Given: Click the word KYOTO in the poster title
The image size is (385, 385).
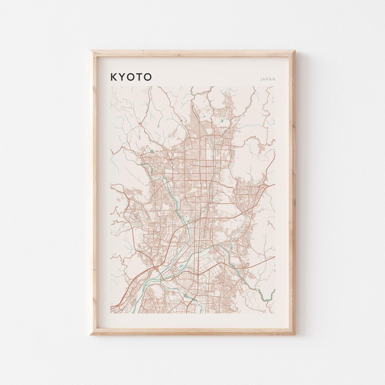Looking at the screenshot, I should [x=131, y=77].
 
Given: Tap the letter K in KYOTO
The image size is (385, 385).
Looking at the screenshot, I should [x=113, y=77].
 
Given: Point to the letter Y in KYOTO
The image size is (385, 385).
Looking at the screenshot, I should [x=122, y=77].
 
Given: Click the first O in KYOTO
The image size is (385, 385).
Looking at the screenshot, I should [x=130, y=77].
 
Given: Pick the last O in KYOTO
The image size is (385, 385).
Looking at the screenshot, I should [x=148, y=77].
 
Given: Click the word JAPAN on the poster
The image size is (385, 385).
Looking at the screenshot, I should [x=268, y=79].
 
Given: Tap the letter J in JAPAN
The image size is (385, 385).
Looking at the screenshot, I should [x=261, y=79].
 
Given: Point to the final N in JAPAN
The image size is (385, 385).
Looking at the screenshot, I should [x=274, y=79].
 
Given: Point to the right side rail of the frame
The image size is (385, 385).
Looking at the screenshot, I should [x=293, y=192].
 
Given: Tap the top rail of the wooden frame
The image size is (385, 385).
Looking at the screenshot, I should [x=192, y=53].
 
